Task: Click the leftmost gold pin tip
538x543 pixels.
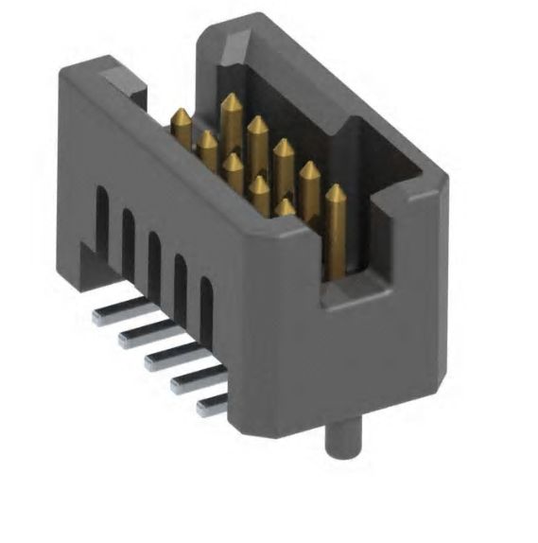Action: coord(180,118)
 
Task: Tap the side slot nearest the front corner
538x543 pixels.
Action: coord(205,305)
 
